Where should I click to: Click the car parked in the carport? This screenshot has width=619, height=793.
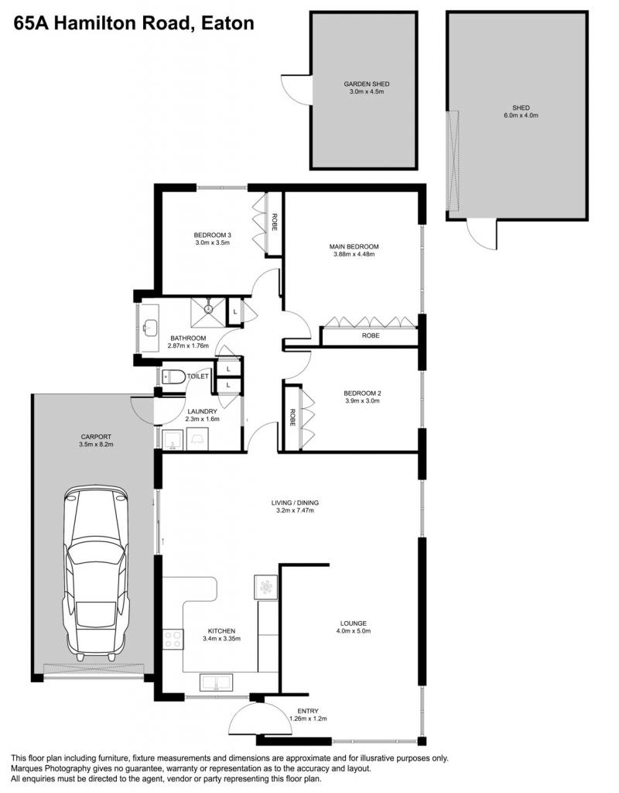click(x=95, y=573)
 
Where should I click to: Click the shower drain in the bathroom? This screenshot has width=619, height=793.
click(x=207, y=308)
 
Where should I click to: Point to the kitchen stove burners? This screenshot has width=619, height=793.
click(x=173, y=639)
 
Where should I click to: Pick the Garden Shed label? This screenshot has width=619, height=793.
click(x=366, y=84)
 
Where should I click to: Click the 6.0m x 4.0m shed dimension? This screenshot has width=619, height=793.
click(x=521, y=115)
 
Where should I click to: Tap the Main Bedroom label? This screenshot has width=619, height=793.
click(x=354, y=247)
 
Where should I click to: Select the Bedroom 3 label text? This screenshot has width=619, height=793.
click(x=212, y=235)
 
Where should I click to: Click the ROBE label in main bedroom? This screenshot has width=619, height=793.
click(x=371, y=335)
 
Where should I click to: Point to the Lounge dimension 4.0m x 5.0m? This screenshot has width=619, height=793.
click(x=353, y=631)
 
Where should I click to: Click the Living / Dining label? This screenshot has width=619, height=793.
click(x=295, y=503)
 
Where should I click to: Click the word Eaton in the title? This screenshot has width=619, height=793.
click(x=227, y=23)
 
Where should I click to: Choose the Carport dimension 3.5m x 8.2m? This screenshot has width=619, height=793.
click(x=96, y=445)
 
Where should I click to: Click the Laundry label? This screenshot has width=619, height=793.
click(x=202, y=412)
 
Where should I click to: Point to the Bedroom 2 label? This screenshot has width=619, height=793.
click(x=362, y=393)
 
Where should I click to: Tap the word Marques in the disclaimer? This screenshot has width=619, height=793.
click(x=26, y=768)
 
